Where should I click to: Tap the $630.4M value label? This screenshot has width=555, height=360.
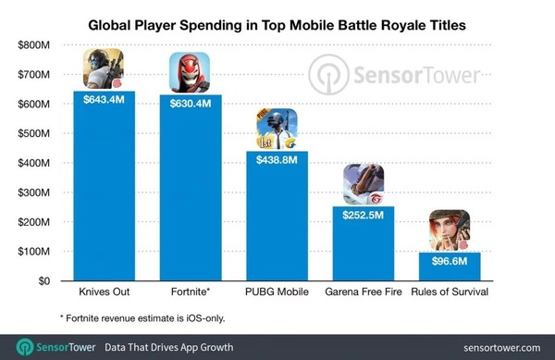tap(190, 104)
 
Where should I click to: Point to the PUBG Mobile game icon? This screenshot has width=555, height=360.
tap(276, 130)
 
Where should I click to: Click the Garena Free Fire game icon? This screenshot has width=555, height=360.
tap(362, 184)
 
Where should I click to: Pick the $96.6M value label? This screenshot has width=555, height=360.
tap(449, 262)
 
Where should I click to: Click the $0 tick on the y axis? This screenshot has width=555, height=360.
tap(43, 281)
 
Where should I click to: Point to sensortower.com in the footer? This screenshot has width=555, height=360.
tap(499, 348)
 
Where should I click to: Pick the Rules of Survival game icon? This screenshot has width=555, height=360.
tap(449, 231)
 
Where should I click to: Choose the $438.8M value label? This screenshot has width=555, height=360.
tap(276, 160)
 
